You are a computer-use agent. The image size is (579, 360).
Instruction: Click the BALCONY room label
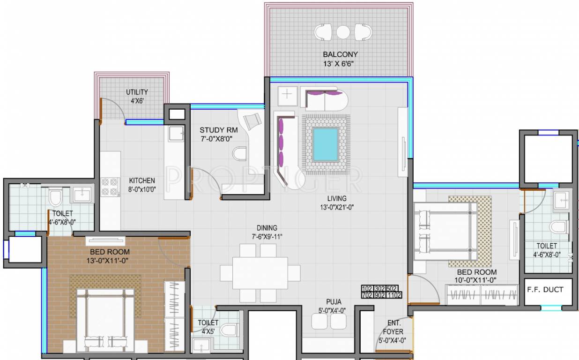[x=340, y=54]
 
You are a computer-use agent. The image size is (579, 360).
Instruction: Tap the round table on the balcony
[x=343, y=32]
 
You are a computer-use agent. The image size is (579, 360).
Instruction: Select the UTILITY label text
[x=137, y=92]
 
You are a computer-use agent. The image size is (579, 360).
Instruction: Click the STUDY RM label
[x=219, y=130]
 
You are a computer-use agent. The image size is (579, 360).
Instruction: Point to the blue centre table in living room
[x=326, y=144]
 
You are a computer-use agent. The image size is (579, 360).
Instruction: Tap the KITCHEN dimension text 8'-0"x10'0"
[x=142, y=190]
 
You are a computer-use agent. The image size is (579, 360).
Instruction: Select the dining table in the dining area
[x=260, y=273]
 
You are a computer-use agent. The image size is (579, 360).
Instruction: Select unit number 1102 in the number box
[x=395, y=295]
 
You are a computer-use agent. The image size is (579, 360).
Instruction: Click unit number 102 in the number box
[x=368, y=288]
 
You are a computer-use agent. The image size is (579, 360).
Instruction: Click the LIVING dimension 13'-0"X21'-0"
[x=337, y=207]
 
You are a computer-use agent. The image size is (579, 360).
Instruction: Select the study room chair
[x=253, y=120]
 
